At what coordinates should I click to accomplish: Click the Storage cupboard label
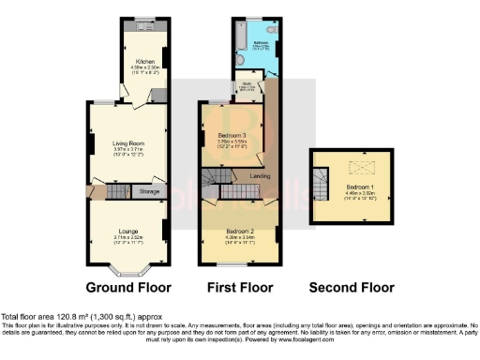point(148,191)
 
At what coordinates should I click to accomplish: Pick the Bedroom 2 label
point(241,231)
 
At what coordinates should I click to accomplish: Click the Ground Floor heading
point(127,288)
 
